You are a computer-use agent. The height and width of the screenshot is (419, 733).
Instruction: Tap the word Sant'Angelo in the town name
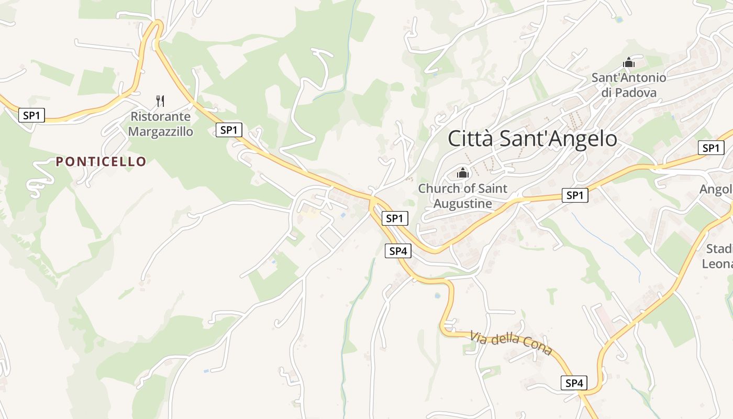(x=558, y=139)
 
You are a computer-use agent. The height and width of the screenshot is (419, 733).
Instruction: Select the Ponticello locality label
(x=101, y=161)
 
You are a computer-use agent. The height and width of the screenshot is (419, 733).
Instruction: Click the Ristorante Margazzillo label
(x=161, y=124)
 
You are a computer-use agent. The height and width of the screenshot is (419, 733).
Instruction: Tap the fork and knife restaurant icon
(x=161, y=101)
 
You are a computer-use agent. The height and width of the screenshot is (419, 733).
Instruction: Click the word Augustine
(x=463, y=203)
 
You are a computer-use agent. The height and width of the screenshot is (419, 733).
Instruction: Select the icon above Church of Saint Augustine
(x=463, y=172)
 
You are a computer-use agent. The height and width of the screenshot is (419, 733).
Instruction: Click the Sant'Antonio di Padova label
(x=629, y=85)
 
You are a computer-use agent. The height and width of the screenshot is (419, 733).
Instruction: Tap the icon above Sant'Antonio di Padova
(x=628, y=63)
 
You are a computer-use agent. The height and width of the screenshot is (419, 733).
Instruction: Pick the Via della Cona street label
(x=511, y=343)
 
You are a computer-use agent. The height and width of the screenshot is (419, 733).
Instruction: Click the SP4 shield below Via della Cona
(x=574, y=383)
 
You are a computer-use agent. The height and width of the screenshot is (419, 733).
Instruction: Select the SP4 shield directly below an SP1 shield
(x=398, y=251)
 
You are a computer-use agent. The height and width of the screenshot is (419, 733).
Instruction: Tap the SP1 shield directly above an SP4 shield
(x=395, y=218)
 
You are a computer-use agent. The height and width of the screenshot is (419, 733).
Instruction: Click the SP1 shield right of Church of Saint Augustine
(x=575, y=195)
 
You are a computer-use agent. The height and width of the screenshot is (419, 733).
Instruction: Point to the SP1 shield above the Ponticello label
(x=31, y=115)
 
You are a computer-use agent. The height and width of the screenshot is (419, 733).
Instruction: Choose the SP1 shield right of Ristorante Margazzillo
(x=229, y=129)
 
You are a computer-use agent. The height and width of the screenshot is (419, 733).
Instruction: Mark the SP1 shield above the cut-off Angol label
(x=710, y=148)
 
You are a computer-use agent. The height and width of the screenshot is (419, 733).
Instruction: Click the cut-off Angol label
(x=716, y=189)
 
